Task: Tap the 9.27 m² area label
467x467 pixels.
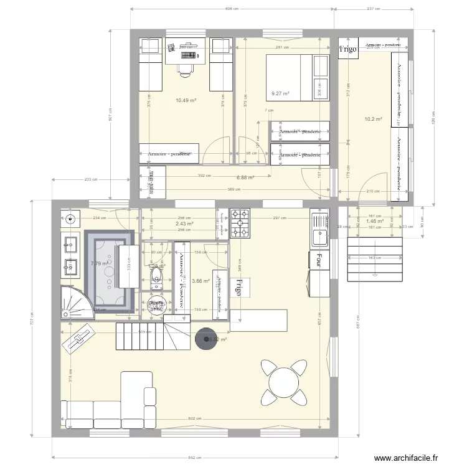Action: tap(280, 94)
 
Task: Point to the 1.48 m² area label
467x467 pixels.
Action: tap(375, 221)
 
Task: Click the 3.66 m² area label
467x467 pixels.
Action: tap(200, 281)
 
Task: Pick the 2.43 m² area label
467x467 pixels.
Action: tap(184, 224)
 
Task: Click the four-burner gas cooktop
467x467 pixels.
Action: tap(240, 223)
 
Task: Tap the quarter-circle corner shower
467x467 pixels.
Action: tap(74, 301)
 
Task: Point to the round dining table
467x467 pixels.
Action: tap(284, 380)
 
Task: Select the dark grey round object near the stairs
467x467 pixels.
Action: tap(205, 338)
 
